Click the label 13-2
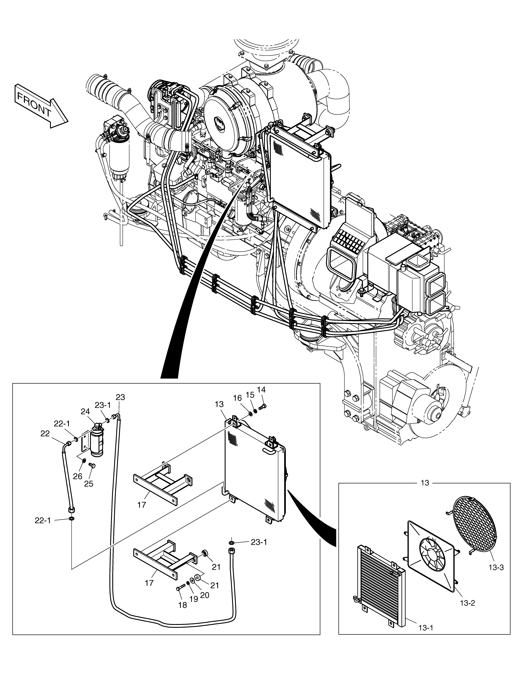click(x=467, y=603)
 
